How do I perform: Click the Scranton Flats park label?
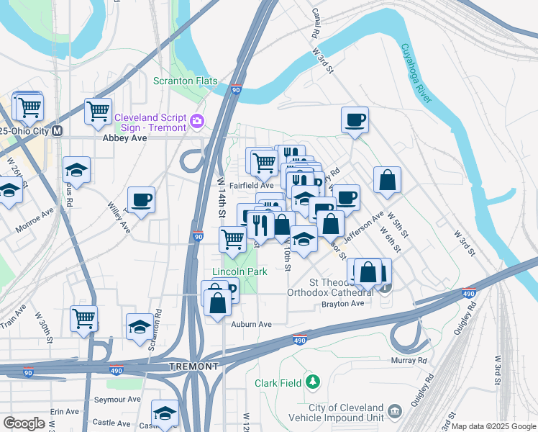pyautogui.click(x=185, y=81)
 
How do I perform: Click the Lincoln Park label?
pyautogui.click(x=240, y=271)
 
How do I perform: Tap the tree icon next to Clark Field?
pyautogui.click(x=312, y=380)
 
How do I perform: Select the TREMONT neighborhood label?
pyautogui.click(x=193, y=366)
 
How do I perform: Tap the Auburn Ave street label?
pyautogui.click(x=251, y=325)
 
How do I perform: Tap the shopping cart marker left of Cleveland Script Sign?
pyautogui.click(x=98, y=112)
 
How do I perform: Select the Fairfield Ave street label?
pyautogui.click(x=251, y=185)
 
